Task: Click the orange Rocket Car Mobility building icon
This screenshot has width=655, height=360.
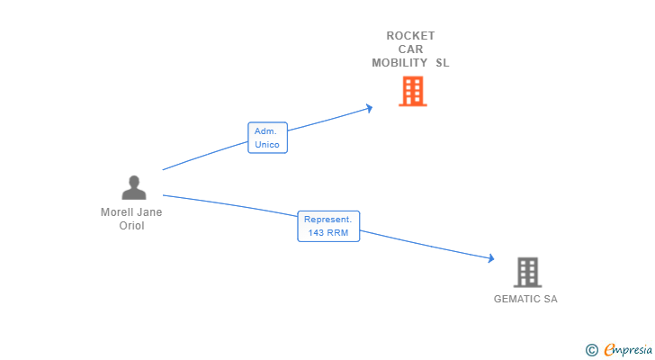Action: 412,91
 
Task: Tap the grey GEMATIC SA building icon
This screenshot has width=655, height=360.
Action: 527,272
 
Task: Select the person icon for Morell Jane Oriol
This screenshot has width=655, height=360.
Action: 133,187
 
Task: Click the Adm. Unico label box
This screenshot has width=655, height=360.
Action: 267,138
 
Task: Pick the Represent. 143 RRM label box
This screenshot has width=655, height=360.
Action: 328,226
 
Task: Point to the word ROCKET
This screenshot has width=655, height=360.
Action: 410,36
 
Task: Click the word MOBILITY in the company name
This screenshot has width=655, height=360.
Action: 399,63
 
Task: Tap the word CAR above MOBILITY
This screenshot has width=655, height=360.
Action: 410,49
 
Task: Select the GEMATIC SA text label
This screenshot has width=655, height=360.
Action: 525,299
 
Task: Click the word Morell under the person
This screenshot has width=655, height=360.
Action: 118,212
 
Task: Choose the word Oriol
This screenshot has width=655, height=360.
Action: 132,226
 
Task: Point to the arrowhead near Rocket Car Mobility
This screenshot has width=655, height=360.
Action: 368,109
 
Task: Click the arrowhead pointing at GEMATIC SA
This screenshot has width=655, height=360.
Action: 490,259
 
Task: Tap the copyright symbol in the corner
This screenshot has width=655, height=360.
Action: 591,349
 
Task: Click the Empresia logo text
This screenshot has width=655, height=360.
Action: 627,349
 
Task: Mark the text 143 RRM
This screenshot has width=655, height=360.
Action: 328,233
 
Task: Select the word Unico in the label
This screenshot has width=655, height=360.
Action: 267,145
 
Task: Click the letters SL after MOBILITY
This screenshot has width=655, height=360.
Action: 442,63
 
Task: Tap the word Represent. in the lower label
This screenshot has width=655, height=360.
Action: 328,220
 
